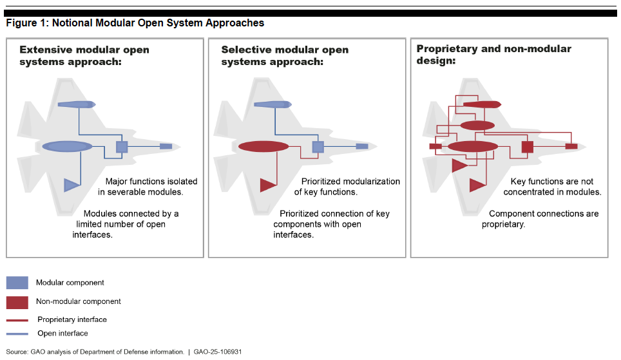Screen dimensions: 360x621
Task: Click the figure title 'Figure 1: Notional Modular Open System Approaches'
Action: (135, 23)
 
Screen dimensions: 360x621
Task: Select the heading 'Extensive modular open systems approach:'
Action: (84, 55)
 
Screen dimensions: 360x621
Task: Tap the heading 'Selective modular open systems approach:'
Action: (285, 55)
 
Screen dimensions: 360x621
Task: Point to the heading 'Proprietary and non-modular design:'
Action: (493, 54)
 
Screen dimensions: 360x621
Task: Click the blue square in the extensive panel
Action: (122, 146)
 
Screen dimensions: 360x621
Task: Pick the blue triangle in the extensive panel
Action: (71, 185)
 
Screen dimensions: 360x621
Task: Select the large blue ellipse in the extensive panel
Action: (68, 146)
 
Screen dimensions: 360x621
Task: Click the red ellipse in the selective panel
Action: (263, 146)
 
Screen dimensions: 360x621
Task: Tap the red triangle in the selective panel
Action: (267, 185)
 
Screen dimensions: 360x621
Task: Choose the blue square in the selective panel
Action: (318, 146)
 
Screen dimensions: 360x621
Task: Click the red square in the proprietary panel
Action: (528, 146)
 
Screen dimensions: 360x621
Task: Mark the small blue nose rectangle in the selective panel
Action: (362, 146)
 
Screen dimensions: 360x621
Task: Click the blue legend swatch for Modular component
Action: (17, 283)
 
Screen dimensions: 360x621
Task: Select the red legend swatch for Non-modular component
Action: (17, 301)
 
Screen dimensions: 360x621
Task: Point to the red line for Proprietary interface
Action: (17, 320)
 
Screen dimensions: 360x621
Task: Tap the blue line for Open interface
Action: (17, 334)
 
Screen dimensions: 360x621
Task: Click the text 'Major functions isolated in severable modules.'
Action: (148, 187)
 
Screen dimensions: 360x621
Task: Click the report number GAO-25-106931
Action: (217, 352)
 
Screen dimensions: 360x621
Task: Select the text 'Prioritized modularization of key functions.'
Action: (347, 187)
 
